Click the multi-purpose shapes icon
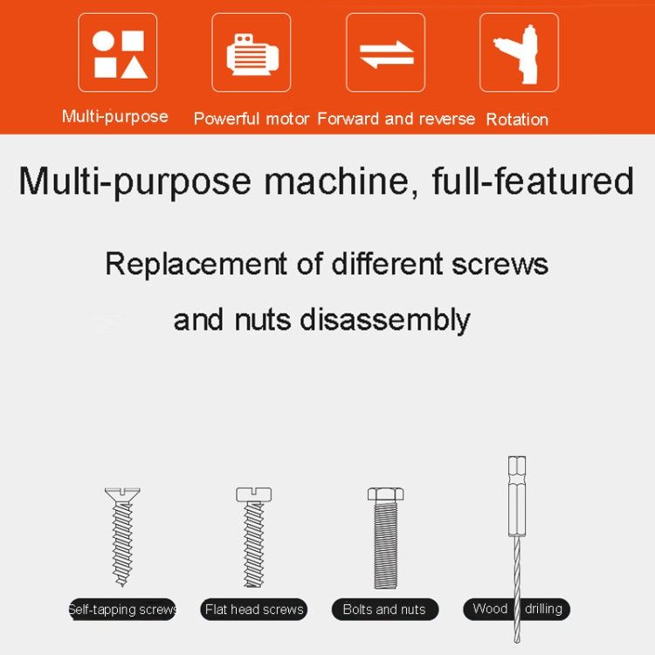(x=118, y=52)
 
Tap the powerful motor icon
(x=252, y=52)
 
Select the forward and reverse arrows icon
(x=385, y=52)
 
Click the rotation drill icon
(x=519, y=52)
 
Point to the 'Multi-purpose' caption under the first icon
(x=115, y=116)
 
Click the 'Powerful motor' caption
(x=252, y=119)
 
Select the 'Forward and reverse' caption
(x=396, y=119)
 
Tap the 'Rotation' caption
(x=517, y=119)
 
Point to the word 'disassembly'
(x=385, y=319)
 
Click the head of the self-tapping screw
(x=122, y=495)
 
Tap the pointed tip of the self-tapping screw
(x=122, y=583)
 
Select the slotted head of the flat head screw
(x=254, y=494)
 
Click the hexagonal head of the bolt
(x=385, y=494)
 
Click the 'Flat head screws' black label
(x=254, y=609)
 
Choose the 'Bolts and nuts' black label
(x=385, y=609)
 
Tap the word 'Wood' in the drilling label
(x=490, y=609)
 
